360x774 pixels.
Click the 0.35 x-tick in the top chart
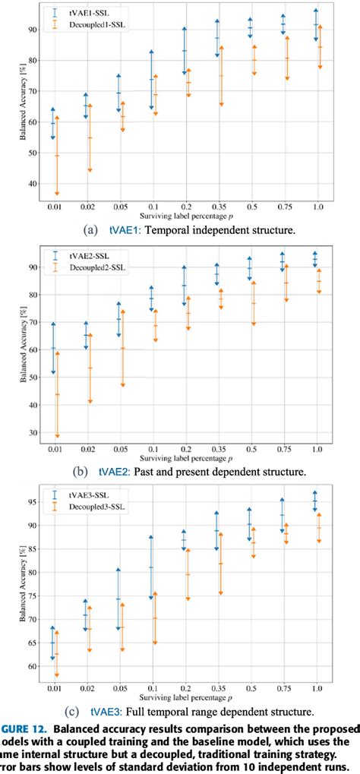(x=218, y=206)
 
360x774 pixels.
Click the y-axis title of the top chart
(x=21, y=107)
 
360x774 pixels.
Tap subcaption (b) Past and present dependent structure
(x=191, y=472)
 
